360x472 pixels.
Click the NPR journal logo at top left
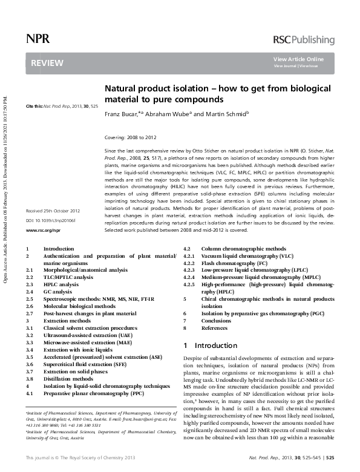[x=38, y=39]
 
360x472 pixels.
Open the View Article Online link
[x=298, y=59]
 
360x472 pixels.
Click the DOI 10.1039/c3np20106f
[x=50, y=221]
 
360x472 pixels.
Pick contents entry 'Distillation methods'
[x=71, y=379]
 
